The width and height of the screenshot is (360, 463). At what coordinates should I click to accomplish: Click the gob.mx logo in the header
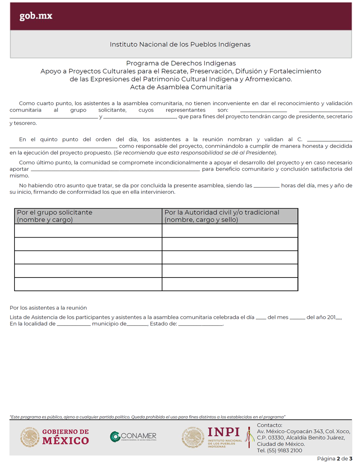(36, 16)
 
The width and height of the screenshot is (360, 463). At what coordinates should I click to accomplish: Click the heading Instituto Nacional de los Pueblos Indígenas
(180, 44)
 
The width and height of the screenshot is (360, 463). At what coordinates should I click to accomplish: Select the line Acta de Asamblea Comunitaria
(181, 87)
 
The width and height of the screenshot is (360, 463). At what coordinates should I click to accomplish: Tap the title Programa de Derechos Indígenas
(181, 63)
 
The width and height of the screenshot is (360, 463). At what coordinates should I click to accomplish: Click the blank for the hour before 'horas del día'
(266, 186)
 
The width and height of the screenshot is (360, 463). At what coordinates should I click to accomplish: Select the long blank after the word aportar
(115, 170)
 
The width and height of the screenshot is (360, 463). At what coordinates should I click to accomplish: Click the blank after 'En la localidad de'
(74, 324)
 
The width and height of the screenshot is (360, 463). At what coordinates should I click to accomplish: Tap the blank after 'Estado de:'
(200, 324)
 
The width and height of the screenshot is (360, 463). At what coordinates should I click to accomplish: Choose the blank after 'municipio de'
(137, 324)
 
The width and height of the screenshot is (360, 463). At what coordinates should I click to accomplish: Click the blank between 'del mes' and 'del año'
(297, 318)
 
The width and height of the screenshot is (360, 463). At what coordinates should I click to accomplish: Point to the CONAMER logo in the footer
(133, 436)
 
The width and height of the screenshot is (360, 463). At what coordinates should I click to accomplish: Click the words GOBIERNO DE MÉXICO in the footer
(65, 436)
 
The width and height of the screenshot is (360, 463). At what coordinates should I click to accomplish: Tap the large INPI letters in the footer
(224, 432)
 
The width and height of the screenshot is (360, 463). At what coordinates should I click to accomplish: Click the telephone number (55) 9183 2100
(279, 450)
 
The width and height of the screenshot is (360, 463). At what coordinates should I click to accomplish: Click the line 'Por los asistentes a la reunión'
(48, 308)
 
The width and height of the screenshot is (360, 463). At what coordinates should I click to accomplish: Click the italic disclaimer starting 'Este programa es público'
(147, 417)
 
